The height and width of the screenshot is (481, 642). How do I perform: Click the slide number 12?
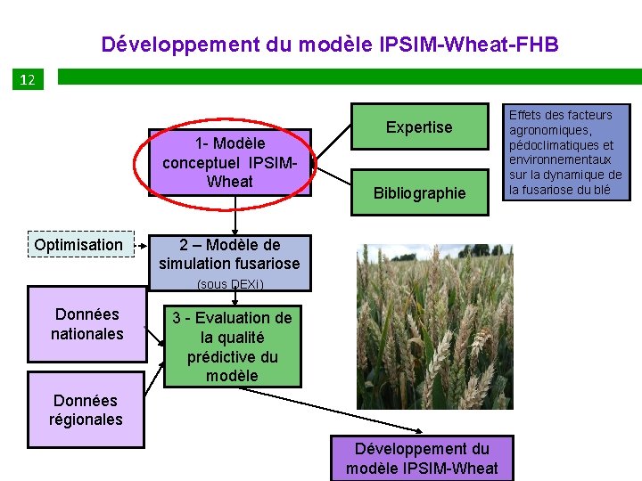(27, 80)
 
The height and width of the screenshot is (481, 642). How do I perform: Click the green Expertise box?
(419, 127)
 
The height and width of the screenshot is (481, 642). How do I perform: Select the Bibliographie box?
(419, 192)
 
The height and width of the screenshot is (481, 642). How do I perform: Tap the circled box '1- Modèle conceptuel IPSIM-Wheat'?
(230, 162)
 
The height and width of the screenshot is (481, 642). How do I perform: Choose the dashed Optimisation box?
(78, 244)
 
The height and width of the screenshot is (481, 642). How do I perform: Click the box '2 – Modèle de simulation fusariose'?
(229, 254)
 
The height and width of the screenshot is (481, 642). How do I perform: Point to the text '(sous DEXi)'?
(230, 284)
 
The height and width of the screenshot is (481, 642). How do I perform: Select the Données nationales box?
(86, 323)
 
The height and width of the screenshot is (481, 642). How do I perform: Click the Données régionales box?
(86, 410)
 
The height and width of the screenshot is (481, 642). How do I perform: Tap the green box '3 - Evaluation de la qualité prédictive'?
(232, 346)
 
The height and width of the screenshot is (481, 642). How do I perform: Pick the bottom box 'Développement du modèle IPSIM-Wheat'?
(422, 459)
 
